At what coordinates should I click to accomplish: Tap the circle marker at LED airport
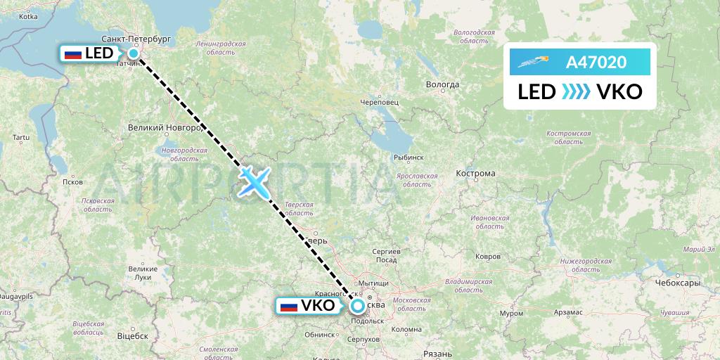[133, 53]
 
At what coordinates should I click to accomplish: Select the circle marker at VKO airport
[358, 306]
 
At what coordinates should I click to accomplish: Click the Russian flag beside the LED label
[72, 53]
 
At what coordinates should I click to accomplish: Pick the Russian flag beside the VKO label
[288, 306]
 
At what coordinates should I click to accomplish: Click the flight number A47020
[596, 63]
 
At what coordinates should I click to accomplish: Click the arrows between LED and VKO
[575, 92]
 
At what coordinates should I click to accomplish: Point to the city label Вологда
[443, 84]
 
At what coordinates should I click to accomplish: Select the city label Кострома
[476, 174]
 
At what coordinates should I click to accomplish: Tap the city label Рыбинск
[408, 157]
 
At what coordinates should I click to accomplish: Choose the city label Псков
[72, 181]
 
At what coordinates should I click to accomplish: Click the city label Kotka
[29, 15]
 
